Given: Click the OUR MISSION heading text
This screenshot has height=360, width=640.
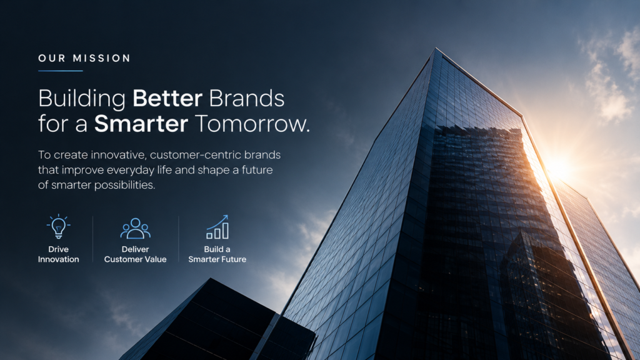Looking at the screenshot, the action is click(84, 58).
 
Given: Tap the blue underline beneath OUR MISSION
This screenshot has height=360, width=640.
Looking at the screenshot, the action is click(61, 71).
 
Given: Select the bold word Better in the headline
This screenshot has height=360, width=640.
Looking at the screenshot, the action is click(167, 98).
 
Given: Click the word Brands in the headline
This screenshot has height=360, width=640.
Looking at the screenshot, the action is click(246, 98).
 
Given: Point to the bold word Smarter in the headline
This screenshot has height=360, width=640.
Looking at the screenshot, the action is click(141, 124).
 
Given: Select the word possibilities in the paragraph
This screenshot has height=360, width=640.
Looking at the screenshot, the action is click(125, 185).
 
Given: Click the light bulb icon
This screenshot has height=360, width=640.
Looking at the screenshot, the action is click(58, 226).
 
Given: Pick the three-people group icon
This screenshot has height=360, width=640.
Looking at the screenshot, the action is click(135, 229).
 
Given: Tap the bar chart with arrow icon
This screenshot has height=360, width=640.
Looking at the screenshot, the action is click(217, 227).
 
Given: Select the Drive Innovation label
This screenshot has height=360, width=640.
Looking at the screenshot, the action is click(58, 254).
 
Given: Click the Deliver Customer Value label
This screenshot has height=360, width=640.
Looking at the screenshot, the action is click(135, 254).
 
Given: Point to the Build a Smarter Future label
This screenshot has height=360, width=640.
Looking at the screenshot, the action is click(217, 254).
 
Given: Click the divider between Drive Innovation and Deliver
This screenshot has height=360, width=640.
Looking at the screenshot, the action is click(92, 239).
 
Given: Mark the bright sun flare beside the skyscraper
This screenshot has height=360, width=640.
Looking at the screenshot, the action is click(557, 168).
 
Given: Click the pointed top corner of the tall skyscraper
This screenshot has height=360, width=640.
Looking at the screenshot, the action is click(436, 48).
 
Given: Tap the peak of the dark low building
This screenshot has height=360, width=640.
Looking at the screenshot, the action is click(211, 279).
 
